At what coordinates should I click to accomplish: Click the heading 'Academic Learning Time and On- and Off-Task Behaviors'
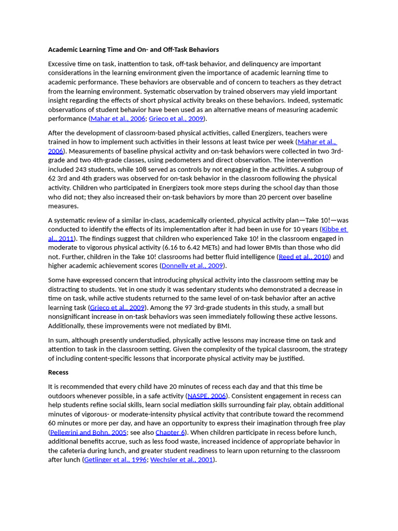click(133, 50)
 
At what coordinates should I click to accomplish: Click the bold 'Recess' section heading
click(58, 372)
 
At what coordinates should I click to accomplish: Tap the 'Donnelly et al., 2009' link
click(192, 266)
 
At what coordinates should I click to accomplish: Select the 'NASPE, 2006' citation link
click(206, 396)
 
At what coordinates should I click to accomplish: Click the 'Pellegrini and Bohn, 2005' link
click(89, 432)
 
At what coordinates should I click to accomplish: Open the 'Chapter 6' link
click(170, 432)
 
